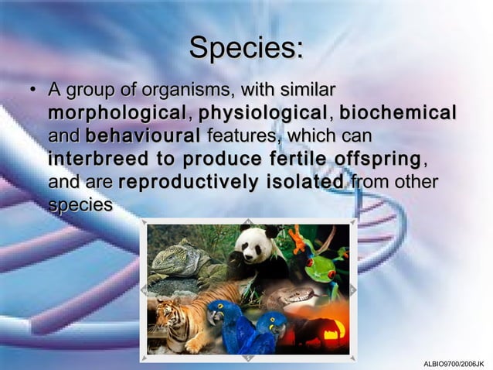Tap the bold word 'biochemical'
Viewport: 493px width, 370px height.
click(x=397, y=114)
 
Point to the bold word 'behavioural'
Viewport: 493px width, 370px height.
click(x=144, y=137)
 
